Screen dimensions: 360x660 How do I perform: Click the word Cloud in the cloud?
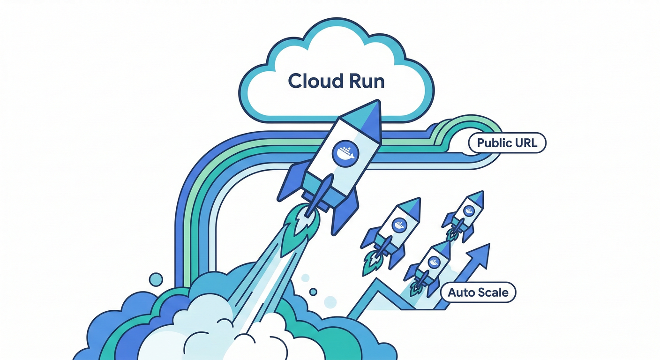[x=310, y=81]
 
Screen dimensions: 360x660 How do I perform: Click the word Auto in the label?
[x=462, y=293]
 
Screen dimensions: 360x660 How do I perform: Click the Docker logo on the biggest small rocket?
[x=399, y=225]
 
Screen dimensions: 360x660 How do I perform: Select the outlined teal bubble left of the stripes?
[x=155, y=280]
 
